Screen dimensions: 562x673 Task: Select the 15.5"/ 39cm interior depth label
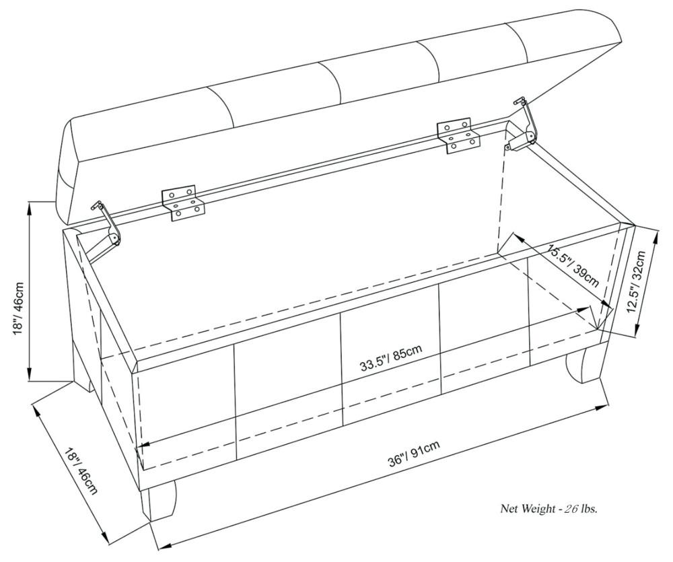[572, 264]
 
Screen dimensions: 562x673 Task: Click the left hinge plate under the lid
[183, 203]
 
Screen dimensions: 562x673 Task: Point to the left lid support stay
[108, 227]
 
